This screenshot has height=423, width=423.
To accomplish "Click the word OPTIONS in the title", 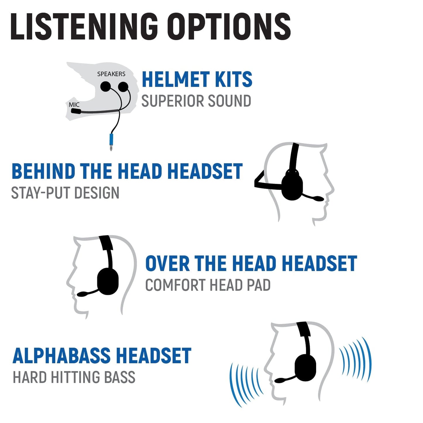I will (230, 27).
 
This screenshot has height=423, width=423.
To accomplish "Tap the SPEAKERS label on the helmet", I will (111, 74).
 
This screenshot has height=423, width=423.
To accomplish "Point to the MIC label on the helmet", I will (74, 105).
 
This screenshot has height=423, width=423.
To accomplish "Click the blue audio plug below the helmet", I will (111, 140).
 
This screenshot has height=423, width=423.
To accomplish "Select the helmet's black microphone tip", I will (76, 111).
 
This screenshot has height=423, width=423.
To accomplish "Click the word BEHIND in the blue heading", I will (44, 172).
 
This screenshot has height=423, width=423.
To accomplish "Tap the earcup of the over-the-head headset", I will (108, 281).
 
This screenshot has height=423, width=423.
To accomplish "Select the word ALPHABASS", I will (61, 356).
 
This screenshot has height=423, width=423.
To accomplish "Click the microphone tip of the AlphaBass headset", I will (280, 381).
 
